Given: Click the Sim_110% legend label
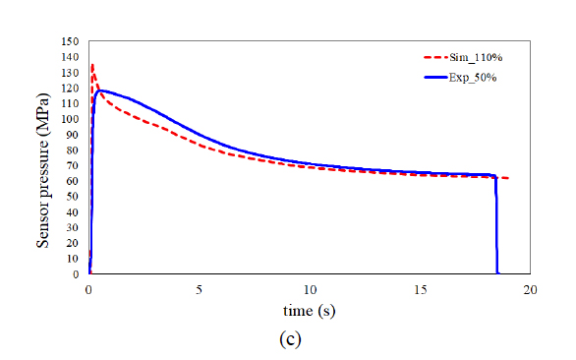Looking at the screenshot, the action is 476,57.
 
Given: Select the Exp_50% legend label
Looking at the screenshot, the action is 473,78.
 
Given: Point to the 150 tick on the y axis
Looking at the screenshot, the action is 70,41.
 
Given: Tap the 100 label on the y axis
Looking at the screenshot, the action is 70,119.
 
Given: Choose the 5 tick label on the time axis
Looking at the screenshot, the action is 199,290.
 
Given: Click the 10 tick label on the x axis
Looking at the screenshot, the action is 310,290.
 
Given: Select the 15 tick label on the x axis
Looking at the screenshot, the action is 421,290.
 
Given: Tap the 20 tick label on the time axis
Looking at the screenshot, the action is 531,290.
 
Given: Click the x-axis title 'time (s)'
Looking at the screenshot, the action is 309,311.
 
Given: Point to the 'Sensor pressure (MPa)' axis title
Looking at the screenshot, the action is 42,170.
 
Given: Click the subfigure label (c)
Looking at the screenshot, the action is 290,339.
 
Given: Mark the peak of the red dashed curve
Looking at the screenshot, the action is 92,65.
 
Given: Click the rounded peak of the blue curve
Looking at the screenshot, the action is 99,90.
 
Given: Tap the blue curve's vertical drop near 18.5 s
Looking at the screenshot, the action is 496,224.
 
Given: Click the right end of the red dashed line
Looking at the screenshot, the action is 509,178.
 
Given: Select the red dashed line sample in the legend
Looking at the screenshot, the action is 435,57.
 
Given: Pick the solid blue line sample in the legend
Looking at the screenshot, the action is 435,78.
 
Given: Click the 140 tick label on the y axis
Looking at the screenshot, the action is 70,57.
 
